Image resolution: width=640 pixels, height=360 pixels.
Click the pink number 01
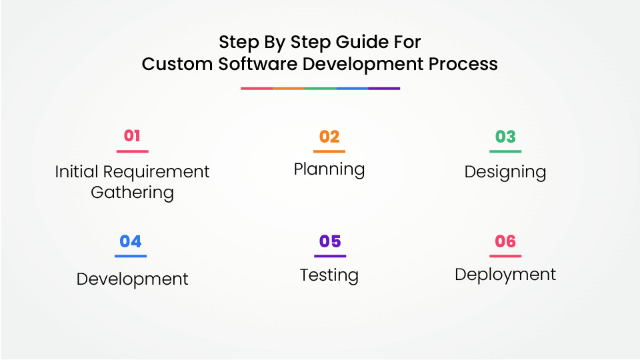[132, 136]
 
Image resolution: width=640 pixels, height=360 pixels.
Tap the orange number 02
[329, 137]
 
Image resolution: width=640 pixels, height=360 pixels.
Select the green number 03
[505, 137]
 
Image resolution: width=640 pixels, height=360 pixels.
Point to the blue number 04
[131, 241]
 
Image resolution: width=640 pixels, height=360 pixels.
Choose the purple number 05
[330, 241]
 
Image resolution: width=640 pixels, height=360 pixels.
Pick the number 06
[505, 241]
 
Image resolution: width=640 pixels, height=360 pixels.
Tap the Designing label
[505, 172]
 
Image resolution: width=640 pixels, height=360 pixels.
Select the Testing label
[329, 275]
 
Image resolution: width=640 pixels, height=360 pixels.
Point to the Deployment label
[505, 275]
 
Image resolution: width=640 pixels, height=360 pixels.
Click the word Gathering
[132, 193]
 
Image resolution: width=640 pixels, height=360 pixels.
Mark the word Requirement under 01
[156, 172]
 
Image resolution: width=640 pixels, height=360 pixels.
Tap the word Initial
[77, 171]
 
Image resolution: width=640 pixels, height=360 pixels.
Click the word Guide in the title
[361, 41]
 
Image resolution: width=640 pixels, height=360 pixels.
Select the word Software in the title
[257, 64]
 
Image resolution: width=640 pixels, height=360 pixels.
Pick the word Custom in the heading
[177, 64]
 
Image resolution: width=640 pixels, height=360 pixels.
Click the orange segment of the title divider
[289, 88]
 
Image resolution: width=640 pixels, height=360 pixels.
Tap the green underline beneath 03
[505, 151]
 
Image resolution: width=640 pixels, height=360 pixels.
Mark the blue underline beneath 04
[131, 256]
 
